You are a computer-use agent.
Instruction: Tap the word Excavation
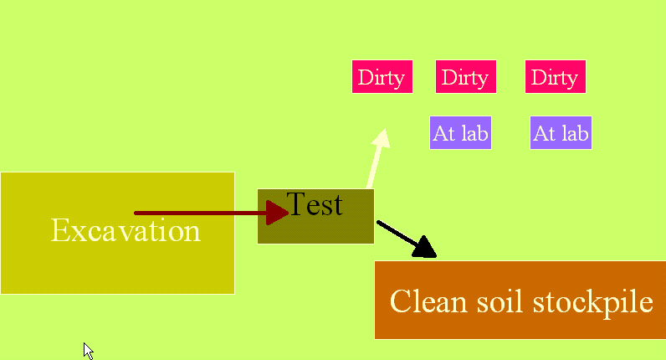point(126,230)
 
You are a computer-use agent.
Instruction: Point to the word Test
point(315,203)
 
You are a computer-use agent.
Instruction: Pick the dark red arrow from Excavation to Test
point(201,213)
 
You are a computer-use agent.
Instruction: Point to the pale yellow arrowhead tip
point(384,131)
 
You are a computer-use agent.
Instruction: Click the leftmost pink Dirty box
point(382,77)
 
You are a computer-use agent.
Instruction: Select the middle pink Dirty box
point(465,77)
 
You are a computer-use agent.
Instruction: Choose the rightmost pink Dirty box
point(556,77)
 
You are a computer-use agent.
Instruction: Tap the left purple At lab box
point(460,132)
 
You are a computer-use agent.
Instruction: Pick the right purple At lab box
point(561,132)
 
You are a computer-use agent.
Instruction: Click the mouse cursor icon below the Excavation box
point(87,350)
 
